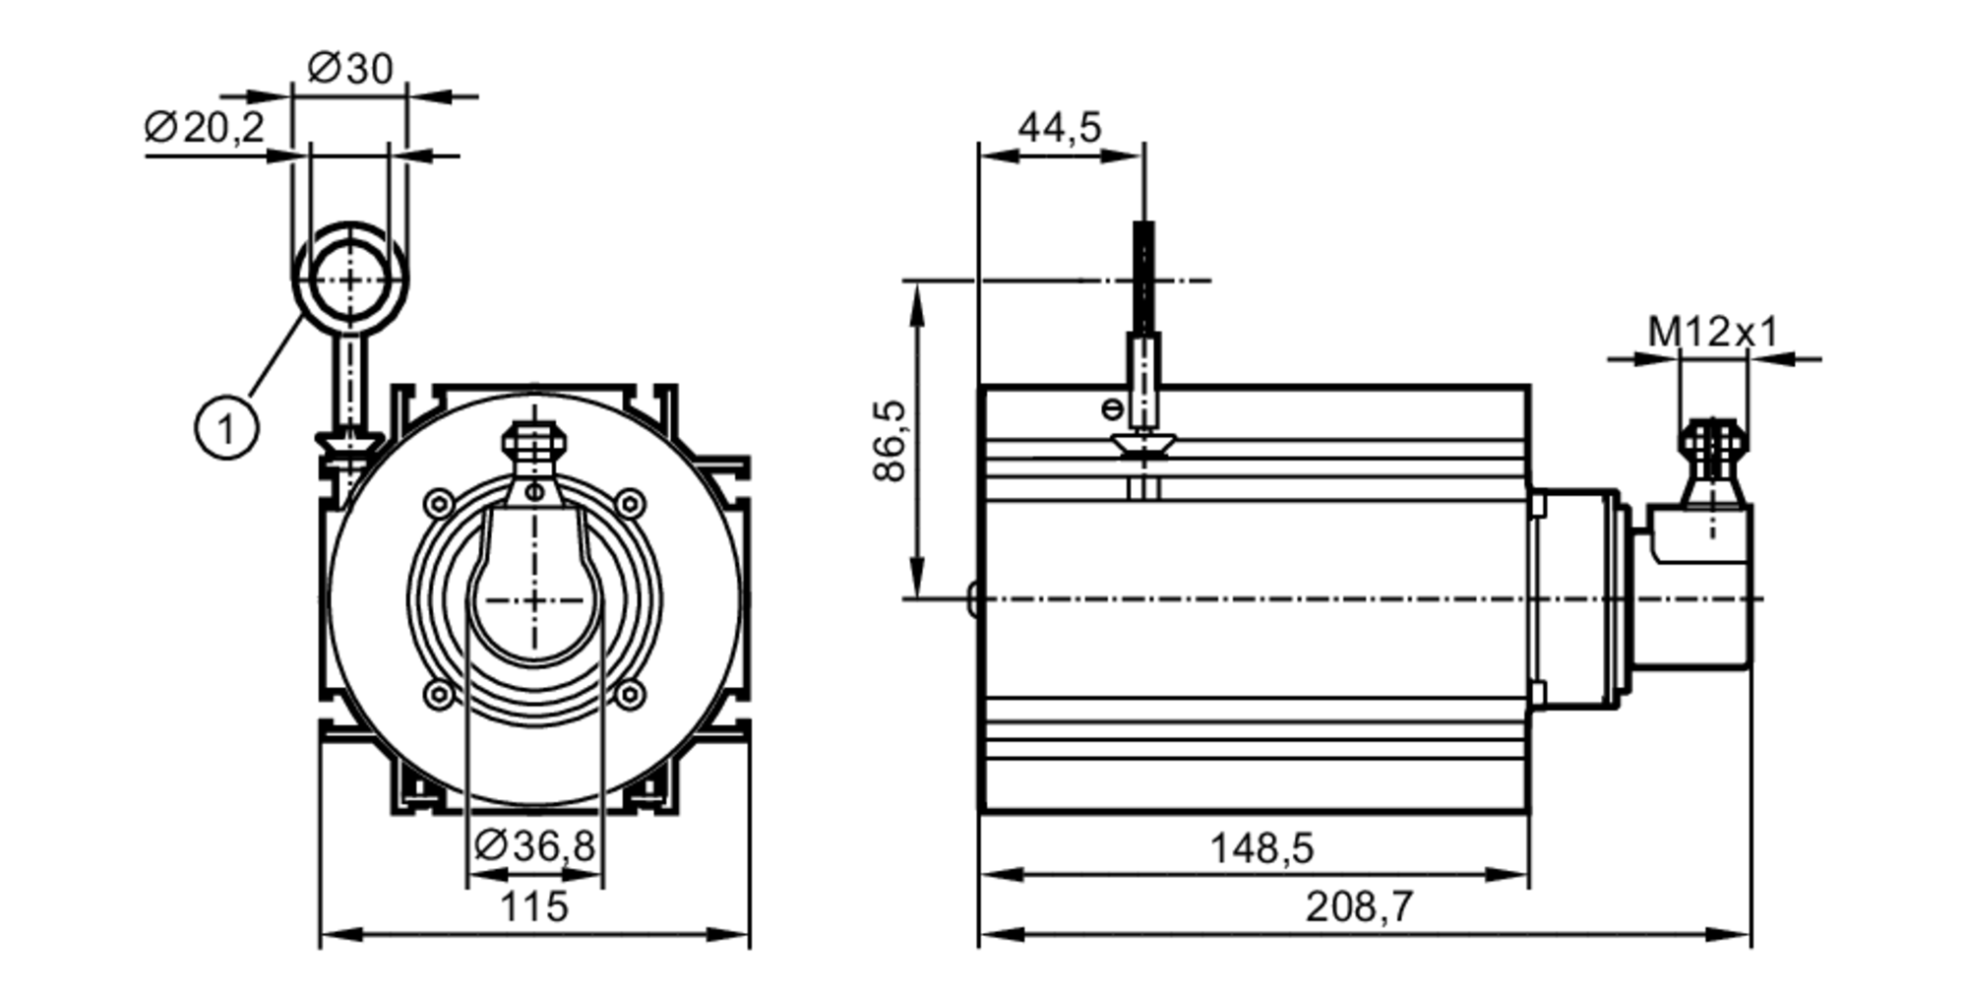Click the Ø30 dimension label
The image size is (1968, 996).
(350, 69)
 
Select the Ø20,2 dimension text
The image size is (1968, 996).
(205, 127)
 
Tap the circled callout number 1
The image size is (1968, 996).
(226, 428)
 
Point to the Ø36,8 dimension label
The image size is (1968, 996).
(534, 845)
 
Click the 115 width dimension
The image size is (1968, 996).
(534, 906)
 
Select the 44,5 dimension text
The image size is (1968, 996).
(1059, 128)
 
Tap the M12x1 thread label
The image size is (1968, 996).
(1713, 333)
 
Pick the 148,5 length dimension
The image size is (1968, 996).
(1261, 848)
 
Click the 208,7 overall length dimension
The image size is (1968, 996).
(1359, 907)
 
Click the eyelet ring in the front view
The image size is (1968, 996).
(349, 279)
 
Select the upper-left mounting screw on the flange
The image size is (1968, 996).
(438, 505)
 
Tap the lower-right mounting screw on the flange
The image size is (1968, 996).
(630, 695)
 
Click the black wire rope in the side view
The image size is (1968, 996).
(1143, 276)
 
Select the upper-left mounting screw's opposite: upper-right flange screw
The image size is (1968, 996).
(630, 505)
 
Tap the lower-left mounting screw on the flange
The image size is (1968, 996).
(438, 695)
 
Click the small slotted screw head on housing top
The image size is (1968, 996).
(1113, 407)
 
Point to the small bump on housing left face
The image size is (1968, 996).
(972, 597)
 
